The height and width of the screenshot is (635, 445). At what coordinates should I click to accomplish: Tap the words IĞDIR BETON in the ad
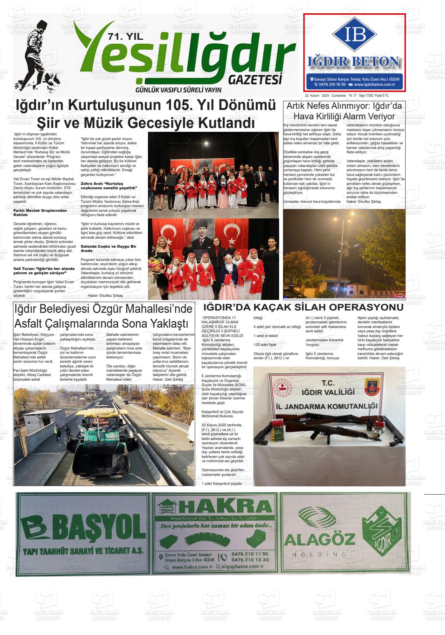354,62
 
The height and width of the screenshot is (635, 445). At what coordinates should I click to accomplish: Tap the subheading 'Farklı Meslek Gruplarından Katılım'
40,213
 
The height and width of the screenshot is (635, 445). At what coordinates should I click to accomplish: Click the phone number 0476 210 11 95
250,554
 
